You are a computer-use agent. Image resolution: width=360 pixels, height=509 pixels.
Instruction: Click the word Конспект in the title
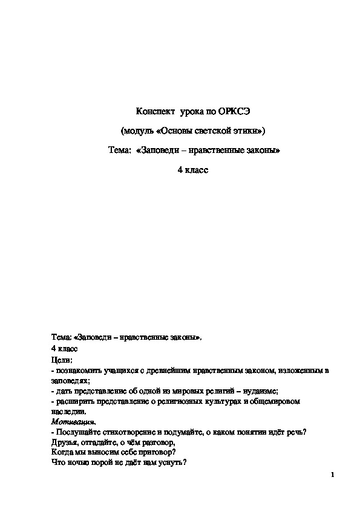tap(154, 112)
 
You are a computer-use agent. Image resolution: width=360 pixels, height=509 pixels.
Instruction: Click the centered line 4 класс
tap(192, 170)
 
